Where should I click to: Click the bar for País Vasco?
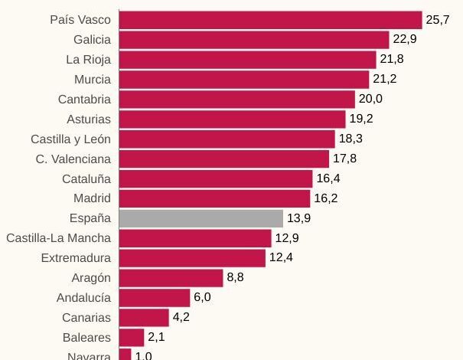[x=271, y=20]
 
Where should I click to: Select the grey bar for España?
[x=201, y=218]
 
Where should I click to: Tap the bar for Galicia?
[x=254, y=40]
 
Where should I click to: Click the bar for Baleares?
[x=132, y=337]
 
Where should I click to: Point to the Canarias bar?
[x=144, y=317]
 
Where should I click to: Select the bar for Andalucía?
[x=155, y=298]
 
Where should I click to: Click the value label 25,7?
[x=438, y=20]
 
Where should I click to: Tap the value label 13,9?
[x=299, y=218]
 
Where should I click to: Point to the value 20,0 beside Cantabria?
[x=370, y=100]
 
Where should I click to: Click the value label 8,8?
[x=235, y=278]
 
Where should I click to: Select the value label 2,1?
[x=156, y=337]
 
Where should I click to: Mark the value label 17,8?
[x=345, y=159]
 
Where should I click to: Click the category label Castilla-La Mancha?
[x=58, y=238]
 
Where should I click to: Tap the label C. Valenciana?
[x=73, y=159]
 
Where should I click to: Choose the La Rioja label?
[x=88, y=60]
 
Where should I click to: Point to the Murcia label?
[x=93, y=80]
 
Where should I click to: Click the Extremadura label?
[x=76, y=258]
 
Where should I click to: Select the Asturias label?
[x=88, y=119]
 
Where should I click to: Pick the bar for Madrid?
[x=215, y=198]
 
